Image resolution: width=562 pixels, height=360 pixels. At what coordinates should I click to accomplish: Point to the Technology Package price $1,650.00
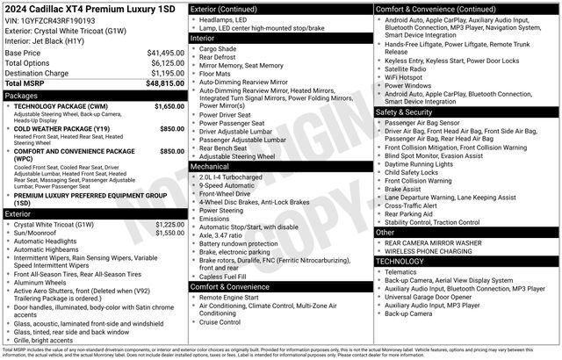pos(169,105)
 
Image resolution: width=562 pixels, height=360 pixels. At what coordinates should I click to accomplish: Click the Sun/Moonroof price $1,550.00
pos(169,233)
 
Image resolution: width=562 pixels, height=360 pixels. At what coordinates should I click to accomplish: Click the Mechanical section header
pos(209,165)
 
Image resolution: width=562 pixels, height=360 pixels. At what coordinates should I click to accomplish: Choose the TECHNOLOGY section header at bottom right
pos(405,261)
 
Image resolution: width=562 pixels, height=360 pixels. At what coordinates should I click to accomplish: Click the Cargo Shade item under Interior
pos(219,49)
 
